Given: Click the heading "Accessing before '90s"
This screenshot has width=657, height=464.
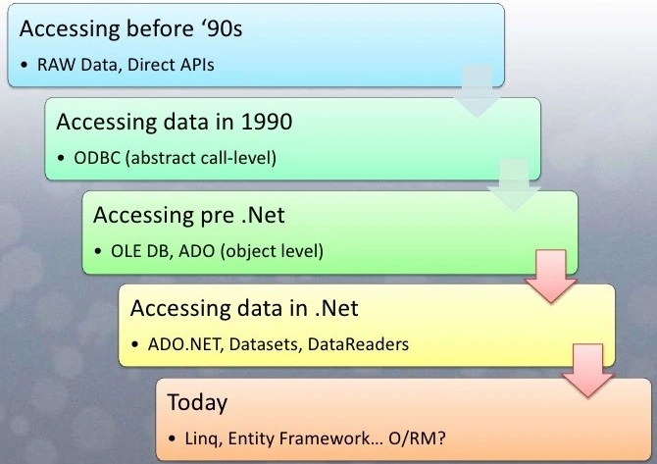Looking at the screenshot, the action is coord(130,29).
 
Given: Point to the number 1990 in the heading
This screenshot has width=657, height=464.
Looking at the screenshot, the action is coord(267,122).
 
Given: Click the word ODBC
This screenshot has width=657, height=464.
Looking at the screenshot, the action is coord(97,158).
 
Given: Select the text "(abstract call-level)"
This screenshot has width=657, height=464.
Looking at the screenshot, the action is coord(201,159).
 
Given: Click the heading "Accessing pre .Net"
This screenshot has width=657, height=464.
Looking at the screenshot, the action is coord(189,216).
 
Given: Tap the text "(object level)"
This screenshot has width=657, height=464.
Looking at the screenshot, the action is coord(272,251).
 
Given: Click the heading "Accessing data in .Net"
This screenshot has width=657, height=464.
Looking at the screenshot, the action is coord(244,308).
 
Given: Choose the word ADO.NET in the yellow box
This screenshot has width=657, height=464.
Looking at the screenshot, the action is coord(184,344).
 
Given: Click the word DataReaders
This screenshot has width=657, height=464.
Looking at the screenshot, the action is coord(358,344).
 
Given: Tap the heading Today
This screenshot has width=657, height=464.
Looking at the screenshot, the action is coord(197,402).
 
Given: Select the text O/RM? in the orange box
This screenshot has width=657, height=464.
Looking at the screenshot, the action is coord(417,438).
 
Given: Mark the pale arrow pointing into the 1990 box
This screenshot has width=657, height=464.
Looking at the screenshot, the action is coord(477,91).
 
